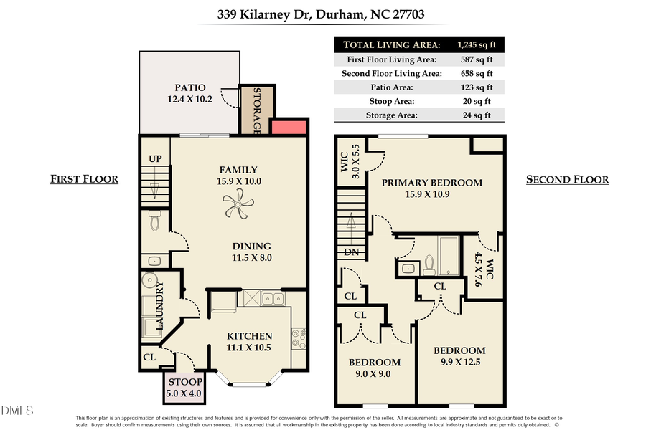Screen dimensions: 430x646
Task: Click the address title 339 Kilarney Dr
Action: click(322, 14)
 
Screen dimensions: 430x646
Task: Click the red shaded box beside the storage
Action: click(289, 127)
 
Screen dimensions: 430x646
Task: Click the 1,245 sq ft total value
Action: click(476, 44)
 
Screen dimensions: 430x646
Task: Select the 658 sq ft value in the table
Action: click(476, 73)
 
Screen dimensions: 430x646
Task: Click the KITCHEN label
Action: click(249, 335)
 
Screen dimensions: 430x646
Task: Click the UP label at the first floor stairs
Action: click(154, 158)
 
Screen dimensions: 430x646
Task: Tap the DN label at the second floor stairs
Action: click(351, 252)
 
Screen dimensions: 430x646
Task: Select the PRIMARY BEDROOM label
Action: click(431, 182)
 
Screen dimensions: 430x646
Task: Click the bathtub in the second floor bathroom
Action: click(451, 256)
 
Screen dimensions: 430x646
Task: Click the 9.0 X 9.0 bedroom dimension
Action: click(374, 373)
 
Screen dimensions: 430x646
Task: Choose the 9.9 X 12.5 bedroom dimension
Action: click(459, 362)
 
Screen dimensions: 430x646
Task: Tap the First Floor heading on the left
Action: click(84, 179)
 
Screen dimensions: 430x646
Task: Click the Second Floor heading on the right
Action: click(567, 179)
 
